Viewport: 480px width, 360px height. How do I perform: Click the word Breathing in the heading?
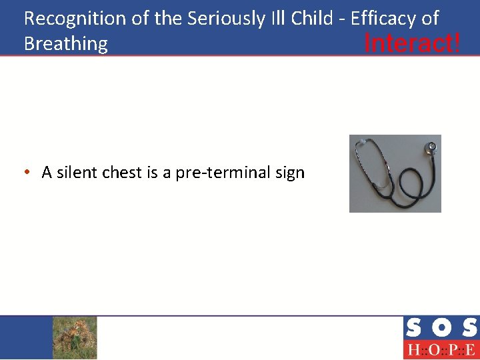coord(65,44)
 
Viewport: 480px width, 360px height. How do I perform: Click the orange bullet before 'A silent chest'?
coord(26,173)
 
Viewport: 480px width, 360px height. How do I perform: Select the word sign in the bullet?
coord(290,173)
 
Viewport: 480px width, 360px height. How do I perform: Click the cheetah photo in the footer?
coord(75,337)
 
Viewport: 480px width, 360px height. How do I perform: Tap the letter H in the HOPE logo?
coord(413,350)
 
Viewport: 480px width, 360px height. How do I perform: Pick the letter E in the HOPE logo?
coord(470,350)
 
